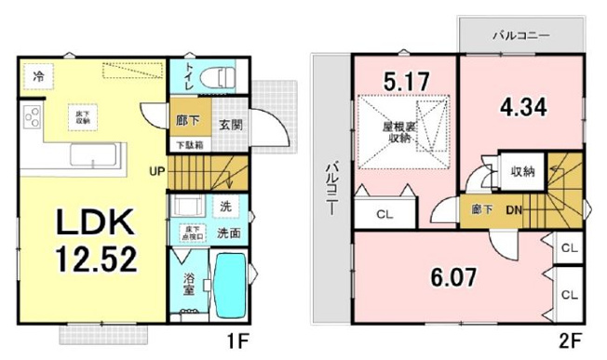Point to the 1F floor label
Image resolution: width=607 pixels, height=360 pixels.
tap(238, 341)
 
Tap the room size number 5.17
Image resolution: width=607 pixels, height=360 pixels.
tap(405, 82)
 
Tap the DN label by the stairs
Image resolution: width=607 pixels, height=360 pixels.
tap(513, 211)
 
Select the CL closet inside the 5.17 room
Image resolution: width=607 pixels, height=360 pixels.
tap(384, 214)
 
